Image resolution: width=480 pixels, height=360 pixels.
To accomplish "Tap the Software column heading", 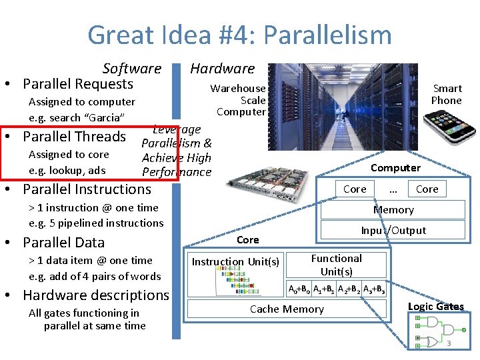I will (x=132, y=68).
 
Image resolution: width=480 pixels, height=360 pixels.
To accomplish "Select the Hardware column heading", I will (x=222, y=68).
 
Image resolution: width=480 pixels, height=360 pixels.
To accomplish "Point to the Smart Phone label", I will (x=446, y=94).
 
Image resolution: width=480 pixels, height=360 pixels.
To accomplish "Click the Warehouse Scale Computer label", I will (x=239, y=100).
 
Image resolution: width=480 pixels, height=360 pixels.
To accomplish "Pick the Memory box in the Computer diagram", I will (x=393, y=209).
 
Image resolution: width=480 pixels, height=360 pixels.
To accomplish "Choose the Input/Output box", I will (x=393, y=230).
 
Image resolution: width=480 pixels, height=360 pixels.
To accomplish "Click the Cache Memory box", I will (x=287, y=309).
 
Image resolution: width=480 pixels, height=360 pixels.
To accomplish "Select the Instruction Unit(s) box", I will (x=235, y=261).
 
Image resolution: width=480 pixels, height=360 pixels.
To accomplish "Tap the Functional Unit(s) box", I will (x=337, y=265).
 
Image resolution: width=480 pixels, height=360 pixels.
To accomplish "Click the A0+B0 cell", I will (x=299, y=289).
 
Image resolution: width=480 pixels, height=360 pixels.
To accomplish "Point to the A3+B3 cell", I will (x=373, y=289).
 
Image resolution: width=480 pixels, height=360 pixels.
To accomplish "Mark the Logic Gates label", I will (x=436, y=307).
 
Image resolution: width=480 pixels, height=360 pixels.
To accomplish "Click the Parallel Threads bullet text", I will (x=75, y=137).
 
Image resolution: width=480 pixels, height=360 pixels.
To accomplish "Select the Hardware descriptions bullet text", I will (x=96, y=295).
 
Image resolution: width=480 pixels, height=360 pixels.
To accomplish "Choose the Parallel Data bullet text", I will (x=64, y=242).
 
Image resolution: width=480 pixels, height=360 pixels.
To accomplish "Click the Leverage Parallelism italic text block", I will (x=177, y=151).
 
